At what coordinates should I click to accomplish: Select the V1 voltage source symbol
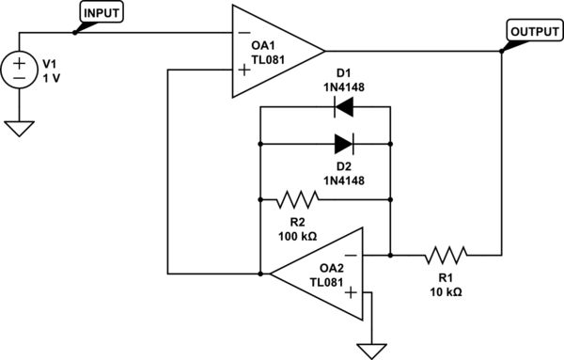click(x=18, y=70)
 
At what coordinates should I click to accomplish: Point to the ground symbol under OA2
click(x=369, y=350)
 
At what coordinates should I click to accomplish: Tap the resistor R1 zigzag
click(x=445, y=255)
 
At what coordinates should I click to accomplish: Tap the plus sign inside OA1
click(x=243, y=68)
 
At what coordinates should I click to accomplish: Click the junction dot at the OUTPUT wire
click(x=502, y=51)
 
